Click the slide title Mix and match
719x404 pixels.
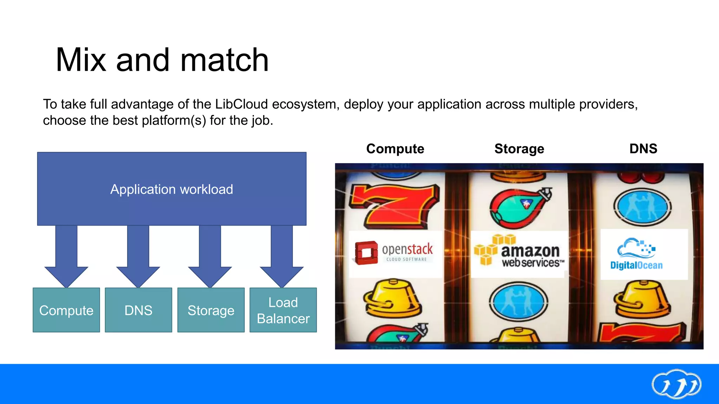(x=162, y=60)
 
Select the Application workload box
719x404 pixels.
(x=172, y=189)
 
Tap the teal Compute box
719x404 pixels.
(x=66, y=310)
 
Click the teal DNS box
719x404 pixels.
(x=138, y=310)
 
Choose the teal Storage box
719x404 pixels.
(x=211, y=310)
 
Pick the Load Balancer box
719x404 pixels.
(x=283, y=310)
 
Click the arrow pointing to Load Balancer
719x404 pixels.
(x=282, y=256)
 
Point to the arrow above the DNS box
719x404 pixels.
(x=138, y=256)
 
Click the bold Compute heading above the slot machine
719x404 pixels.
(x=395, y=149)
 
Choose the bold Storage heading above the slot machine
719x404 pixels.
(x=519, y=149)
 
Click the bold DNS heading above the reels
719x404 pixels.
(x=643, y=149)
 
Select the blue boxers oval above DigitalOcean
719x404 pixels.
(x=642, y=207)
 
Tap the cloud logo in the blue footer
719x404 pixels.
(x=676, y=384)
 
